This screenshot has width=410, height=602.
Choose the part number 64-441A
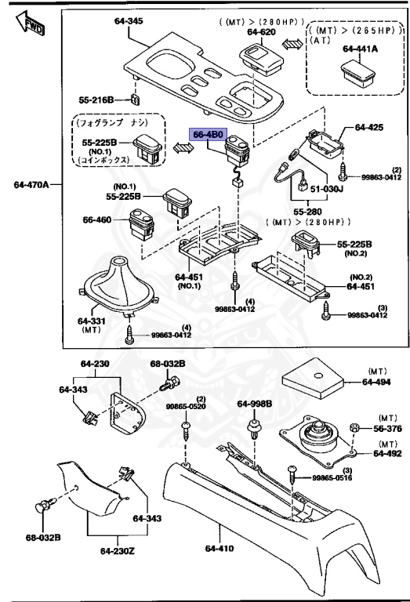[x=359, y=49]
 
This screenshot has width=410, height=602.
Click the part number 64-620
[x=263, y=32]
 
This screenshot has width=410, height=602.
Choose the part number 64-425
[x=371, y=126]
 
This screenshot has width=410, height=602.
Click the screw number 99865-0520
[x=187, y=407]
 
